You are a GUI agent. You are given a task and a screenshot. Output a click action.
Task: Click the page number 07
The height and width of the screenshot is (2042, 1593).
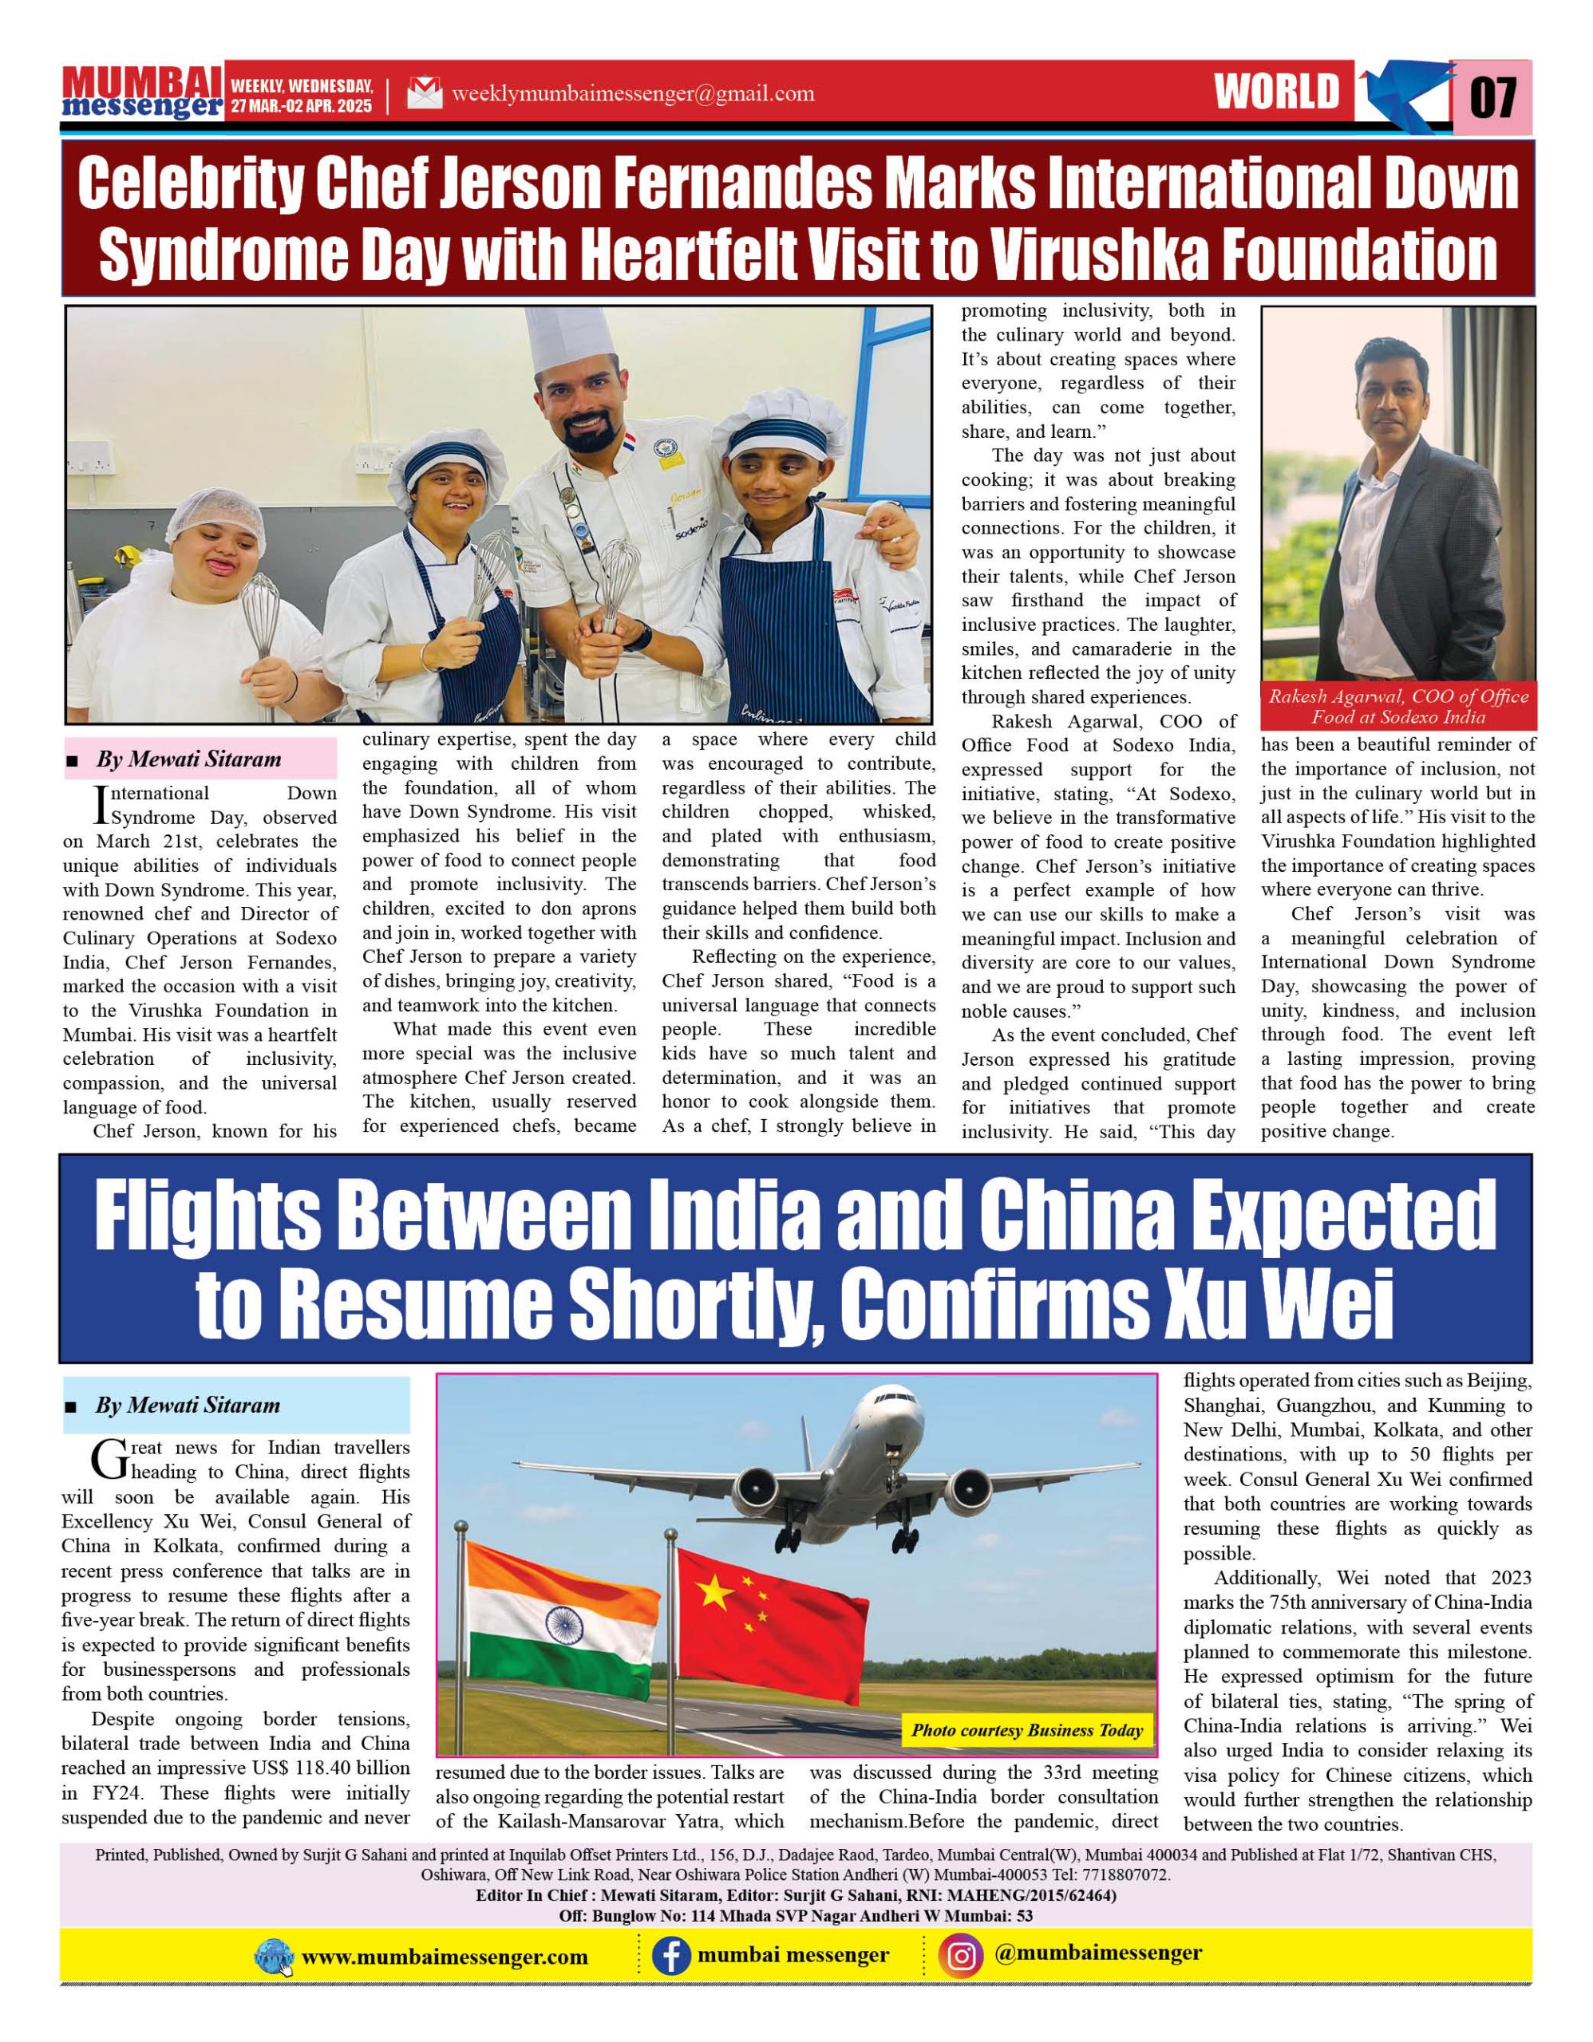coord(1493,97)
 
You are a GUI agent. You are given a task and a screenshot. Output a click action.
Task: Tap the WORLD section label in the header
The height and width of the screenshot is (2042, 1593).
coord(1277,93)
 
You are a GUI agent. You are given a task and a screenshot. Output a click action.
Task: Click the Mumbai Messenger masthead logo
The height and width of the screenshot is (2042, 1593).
coord(142,92)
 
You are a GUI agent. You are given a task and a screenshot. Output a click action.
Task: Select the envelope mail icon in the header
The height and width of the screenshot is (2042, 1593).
coord(425,93)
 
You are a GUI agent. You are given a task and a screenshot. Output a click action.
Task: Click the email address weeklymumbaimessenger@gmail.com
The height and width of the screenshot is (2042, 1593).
coord(632,93)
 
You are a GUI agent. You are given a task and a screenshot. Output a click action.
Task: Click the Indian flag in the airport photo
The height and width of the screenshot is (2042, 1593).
coord(562,1622)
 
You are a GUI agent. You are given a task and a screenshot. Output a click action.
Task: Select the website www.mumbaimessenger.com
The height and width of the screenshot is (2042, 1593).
coord(445,1957)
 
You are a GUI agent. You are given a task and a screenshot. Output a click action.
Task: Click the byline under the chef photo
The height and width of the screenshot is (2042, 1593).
coord(188,759)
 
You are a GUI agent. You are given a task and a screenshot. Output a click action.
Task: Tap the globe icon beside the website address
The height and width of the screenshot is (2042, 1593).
coord(274,1957)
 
